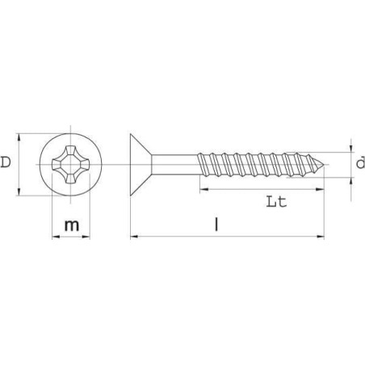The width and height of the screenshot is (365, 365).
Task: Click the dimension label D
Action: click(x=6, y=162)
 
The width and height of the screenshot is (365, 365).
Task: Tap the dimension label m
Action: click(x=72, y=225)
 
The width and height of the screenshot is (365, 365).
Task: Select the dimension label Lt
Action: click(x=276, y=202)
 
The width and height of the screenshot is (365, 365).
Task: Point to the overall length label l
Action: click(x=216, y=224)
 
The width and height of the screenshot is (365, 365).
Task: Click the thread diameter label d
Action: click(x=360, y=162)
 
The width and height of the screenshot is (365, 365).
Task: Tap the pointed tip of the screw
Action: click(x=324, y=164)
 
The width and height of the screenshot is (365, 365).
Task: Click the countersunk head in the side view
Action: click(x=141, y=165)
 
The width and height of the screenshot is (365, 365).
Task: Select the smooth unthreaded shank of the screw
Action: click(x=175, y=165)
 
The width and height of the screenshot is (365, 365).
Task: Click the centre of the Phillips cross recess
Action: click(x=70, y=165)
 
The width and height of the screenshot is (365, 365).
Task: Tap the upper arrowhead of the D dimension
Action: click(x=19, y=137)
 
